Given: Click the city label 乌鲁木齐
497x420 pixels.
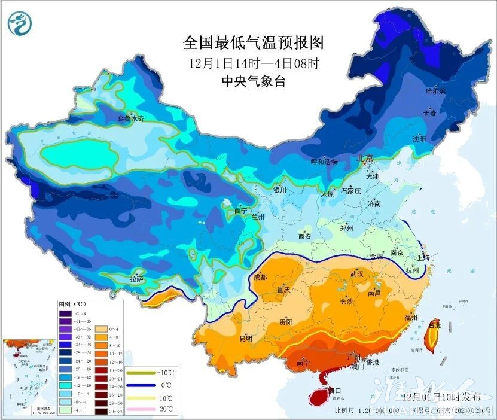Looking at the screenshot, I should [x=130, y=119].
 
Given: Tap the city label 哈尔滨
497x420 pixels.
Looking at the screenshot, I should [x=435, y=91].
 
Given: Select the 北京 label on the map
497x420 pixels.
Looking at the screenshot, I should [x=365, y=159].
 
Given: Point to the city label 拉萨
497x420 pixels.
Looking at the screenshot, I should [x=137, y=278].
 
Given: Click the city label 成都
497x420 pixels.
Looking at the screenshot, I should [x=260, y=276].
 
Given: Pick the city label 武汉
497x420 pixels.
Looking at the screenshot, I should [x=357, y=273].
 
